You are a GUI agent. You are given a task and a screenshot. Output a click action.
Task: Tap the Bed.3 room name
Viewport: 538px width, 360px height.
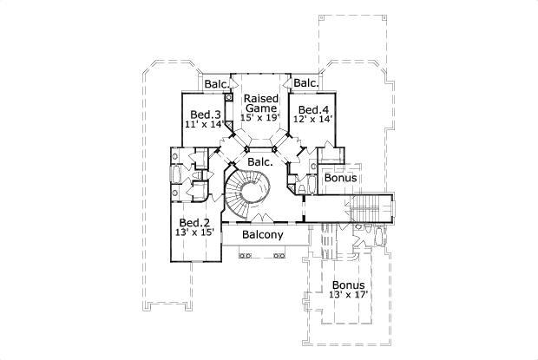[205, 115]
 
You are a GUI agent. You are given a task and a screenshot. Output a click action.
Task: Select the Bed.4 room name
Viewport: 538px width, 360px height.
[312, 110]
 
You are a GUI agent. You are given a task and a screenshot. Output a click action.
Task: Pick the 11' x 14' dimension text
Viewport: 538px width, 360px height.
[205, 125]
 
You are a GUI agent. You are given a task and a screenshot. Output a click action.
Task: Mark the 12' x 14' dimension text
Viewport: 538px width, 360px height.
[312, 121]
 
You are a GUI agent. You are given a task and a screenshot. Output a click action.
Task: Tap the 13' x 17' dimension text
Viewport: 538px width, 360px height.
[348, 295]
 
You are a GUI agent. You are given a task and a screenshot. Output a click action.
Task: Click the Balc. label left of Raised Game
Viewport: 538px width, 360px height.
[217, 84]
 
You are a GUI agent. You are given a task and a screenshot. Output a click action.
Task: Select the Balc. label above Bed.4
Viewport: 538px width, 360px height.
[305, 83]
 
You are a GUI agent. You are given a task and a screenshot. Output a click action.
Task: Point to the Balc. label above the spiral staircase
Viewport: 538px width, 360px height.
[261, 161]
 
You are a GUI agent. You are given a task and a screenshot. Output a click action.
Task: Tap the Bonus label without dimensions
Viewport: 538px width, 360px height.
[340, 179]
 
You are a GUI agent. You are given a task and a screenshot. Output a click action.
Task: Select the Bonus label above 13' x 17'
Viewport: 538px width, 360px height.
[348, 285]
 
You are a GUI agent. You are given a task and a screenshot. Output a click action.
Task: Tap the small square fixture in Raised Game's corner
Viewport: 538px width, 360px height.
[229, 98]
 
